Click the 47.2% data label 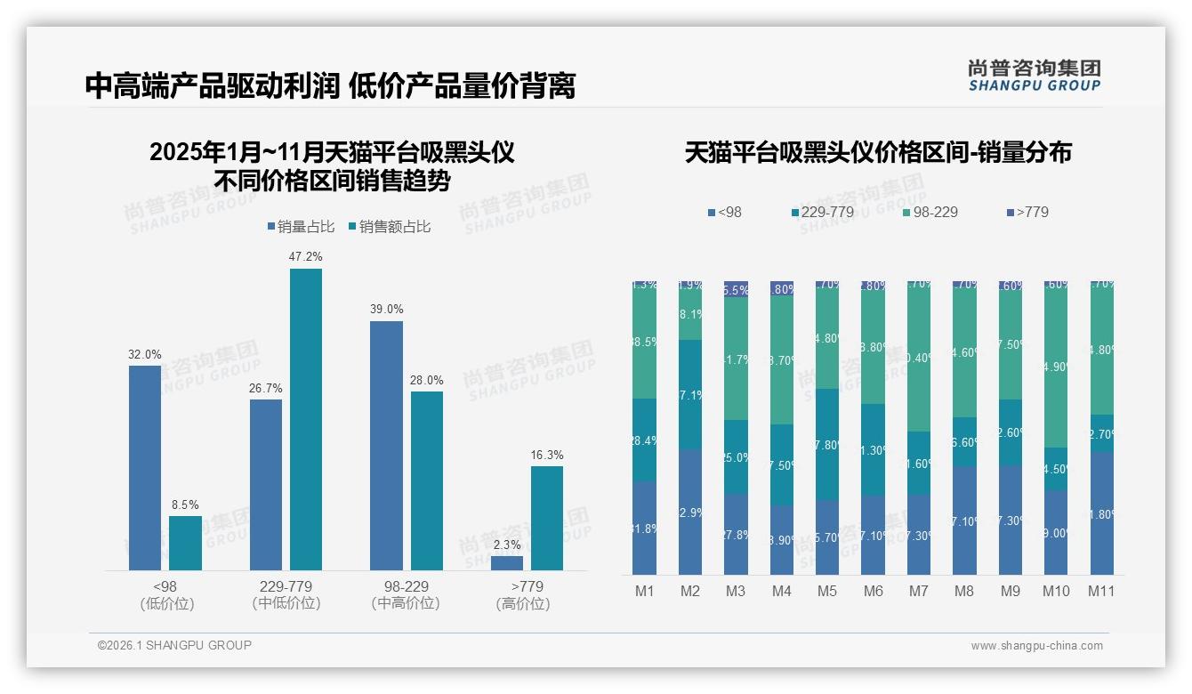305,256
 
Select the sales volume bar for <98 145,467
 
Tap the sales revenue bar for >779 547,518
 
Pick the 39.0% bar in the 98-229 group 386,445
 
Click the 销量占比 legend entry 300,227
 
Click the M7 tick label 919,591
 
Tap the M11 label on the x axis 1101,591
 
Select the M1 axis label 645,591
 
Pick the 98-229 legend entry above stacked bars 930,212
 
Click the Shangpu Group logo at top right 1034,75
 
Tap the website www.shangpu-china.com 1036,646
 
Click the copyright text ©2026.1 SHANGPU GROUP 174,645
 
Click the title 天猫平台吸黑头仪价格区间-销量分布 878,152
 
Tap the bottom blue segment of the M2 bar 690,512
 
